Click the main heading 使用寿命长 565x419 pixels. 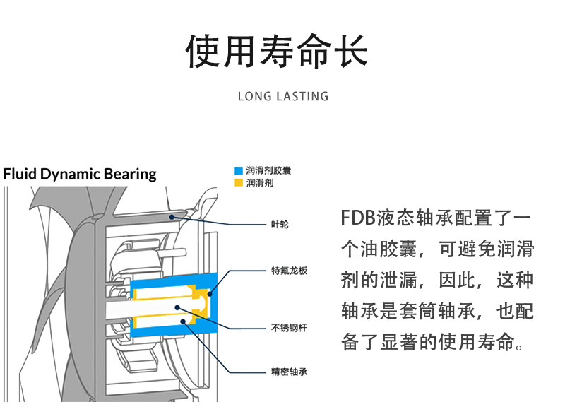277,51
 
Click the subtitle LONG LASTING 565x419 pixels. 283,96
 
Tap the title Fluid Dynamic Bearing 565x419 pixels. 80,174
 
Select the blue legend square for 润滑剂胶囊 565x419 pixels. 239,170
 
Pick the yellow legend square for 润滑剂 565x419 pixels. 239,183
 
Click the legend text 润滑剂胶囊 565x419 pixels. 269,170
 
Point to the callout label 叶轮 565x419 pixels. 280,224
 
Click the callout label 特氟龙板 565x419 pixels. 290,271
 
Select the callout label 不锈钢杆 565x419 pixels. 289,328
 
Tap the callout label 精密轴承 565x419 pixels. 289,372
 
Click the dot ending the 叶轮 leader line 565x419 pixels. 172,217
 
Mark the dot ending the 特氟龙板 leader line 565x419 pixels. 210,294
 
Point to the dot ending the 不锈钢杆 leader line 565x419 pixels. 177,307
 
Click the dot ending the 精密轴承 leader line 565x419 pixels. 183,321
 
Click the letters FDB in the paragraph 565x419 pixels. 358,218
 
